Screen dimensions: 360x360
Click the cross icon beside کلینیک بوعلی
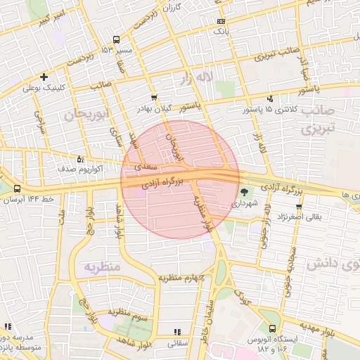pos(44,77)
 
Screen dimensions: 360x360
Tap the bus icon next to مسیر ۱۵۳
pos(116,40)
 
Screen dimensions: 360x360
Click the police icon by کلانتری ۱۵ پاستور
pos(271,99)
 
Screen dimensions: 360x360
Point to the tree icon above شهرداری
pos(245,191)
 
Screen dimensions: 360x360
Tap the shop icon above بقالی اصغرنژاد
pos(300,206)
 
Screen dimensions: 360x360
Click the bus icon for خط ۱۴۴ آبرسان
pos(17,189)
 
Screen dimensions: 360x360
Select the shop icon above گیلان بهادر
pos(154,97)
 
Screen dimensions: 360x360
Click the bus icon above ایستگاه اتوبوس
pos(272,328)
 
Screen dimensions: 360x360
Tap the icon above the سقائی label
pos(176,331)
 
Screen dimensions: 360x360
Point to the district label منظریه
pos(102,268)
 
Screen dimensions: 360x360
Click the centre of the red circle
pos(180,180)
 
